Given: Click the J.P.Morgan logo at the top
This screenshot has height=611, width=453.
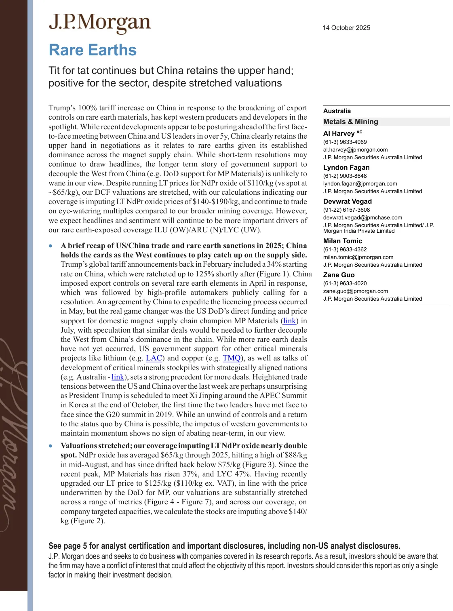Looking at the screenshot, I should click(x=99, y=23).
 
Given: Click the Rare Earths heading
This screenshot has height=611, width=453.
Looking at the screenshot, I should click(x=93, y=50).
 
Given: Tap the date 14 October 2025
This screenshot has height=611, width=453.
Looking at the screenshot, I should click(x=346, y=28).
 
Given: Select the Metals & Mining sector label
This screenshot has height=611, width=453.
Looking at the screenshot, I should click(x=351, y=122).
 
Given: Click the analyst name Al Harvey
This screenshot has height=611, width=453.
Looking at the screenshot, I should click(x=339, y=133).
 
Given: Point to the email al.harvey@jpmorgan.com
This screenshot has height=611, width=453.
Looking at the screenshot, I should click(x=355, y=150).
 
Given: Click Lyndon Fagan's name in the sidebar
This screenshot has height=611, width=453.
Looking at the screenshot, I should click(x=346, y=167).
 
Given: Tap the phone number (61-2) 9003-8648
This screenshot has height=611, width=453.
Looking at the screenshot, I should click(x=345, y=176).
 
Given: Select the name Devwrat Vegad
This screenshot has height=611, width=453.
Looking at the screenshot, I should click(x=348, y=201).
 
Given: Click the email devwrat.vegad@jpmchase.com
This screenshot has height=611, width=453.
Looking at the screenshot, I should click(x=362, y=217).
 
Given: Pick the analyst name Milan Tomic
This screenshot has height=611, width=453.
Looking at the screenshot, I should click(x=343, y=241).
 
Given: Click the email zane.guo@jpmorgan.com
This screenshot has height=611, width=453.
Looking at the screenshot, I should click(x=356, y=291).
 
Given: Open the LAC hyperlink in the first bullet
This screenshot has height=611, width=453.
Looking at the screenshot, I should click(x=154, y=358).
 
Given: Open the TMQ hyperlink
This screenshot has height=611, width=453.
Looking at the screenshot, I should click(x=232, y=358).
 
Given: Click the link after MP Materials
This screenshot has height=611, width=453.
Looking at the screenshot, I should click(x=289, y=321).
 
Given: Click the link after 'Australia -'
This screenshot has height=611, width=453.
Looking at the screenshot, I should click(x=118, y=377).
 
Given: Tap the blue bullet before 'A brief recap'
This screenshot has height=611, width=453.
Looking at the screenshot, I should click(x=51, y=246).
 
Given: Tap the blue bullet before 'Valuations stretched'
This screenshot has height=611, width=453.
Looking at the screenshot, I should click(x=51, y=446).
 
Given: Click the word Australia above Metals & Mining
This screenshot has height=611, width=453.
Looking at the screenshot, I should click(x=337, y=111).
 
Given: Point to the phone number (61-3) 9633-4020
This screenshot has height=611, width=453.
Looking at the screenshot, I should click(x=345, y=283).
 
